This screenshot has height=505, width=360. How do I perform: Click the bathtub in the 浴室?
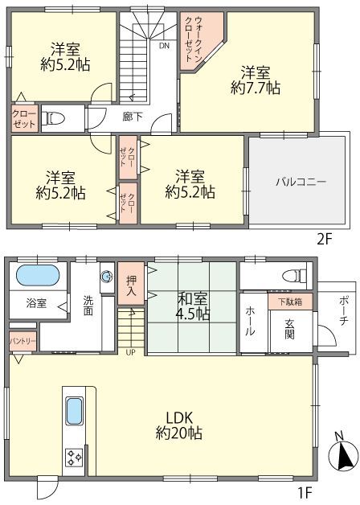coord(38,275)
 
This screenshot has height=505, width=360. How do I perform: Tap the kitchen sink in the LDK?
coord(74,411)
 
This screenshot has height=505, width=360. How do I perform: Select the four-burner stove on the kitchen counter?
coord(74,458)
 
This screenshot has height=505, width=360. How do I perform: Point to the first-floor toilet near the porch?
coord(294,276)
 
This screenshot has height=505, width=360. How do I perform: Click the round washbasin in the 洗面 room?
coord(107,277)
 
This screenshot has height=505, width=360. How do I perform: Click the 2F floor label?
coord(324,240)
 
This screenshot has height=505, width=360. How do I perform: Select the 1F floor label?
coord(304,492)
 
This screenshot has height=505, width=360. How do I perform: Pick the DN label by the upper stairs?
coord(164,46)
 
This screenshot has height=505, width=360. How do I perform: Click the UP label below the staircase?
coord(130,352)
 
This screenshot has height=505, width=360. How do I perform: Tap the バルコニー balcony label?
coord(301,182)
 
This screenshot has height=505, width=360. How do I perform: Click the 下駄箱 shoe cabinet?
coord(290,302)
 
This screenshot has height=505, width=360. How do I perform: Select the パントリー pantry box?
coord(22,342)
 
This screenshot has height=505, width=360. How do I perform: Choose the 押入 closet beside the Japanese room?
coord(131,283)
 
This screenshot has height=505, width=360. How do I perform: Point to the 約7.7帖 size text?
coord(255,88)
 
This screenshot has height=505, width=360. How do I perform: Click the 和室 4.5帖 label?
coord(192,306)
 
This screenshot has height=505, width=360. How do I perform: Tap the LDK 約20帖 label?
coord(179,425)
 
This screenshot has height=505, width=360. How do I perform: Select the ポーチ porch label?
coord(343,310)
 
